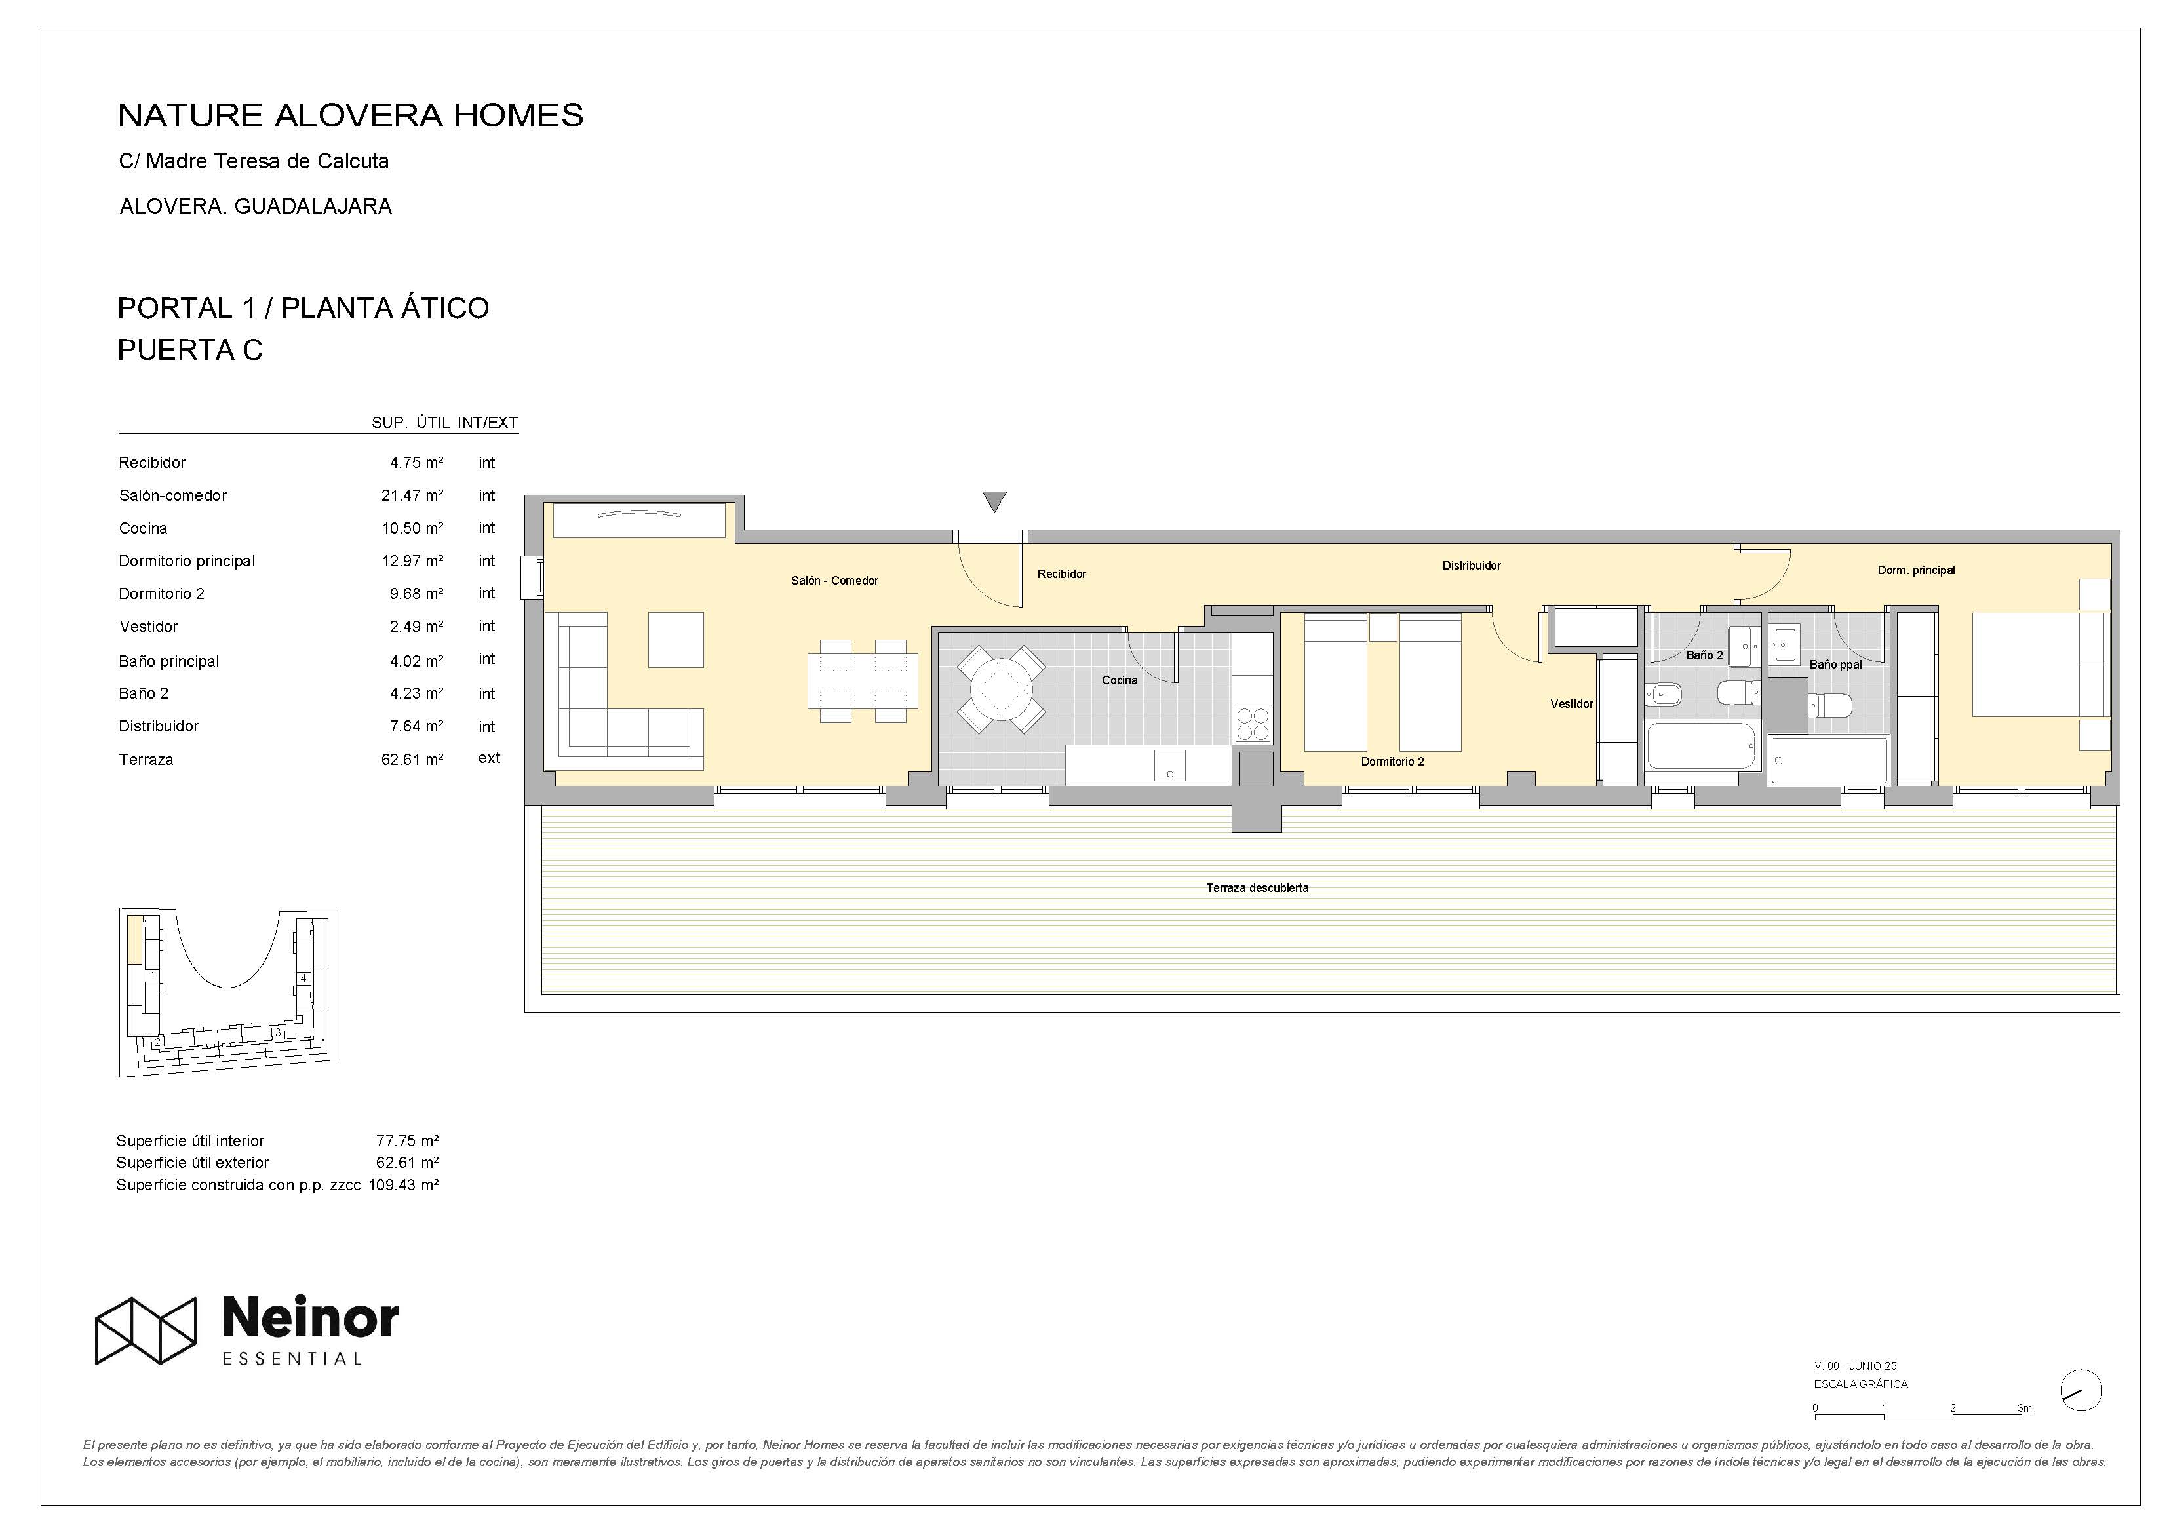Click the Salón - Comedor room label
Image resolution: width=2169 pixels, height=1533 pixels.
[834, 581]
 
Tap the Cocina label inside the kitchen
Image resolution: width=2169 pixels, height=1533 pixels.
[1120, 680]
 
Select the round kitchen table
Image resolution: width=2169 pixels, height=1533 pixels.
[1002, 689]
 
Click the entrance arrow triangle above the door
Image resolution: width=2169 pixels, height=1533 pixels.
[994, 501]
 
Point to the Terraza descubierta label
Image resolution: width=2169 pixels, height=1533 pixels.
[1257, 888]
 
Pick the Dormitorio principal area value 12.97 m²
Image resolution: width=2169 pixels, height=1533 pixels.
[412, 561]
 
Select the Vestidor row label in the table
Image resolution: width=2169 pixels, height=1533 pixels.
[148, 626]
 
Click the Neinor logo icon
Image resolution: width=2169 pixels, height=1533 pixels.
[146, 1330]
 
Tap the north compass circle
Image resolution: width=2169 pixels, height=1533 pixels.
[2081, 1390]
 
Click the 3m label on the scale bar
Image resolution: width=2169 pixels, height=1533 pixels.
[2024, 1407]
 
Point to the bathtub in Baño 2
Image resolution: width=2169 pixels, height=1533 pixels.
[1700, 747]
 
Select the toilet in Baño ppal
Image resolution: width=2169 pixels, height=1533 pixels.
[1831, 705]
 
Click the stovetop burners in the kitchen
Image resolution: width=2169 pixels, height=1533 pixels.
[1253, 724]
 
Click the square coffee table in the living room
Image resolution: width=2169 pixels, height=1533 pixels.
[675, 640]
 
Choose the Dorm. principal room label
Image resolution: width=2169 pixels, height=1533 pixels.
[1916, 570]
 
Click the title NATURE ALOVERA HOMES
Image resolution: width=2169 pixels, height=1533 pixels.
[351, 115]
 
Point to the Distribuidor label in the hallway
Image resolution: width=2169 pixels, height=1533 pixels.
[1471, 566]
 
